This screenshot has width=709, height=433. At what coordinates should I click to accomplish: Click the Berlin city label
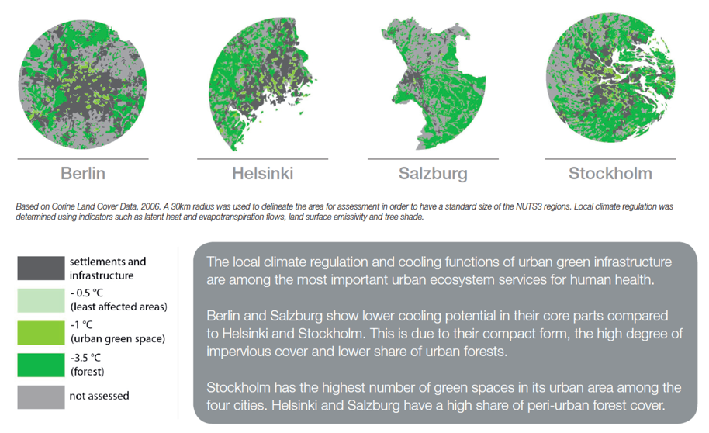pos(83,173)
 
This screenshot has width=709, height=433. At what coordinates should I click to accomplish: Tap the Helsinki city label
pos(263,173)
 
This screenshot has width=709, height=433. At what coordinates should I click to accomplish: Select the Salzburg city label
pos(433,174)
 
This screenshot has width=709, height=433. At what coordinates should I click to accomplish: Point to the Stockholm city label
pos(610,173)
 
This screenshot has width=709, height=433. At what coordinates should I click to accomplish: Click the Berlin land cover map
pos(83,85)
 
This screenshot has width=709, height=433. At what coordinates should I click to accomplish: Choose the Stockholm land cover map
pos(610,78)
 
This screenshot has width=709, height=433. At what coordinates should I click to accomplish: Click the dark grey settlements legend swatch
pos(41,268)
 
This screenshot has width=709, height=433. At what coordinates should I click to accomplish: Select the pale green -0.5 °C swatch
pos(41,300)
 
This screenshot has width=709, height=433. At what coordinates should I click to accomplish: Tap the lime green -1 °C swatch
pos(41,333)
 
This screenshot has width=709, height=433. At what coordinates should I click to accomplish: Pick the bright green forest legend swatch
pos(41,365)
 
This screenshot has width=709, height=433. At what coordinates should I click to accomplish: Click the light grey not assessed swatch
pos(41,397)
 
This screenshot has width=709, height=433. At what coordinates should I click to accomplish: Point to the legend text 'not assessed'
pos(99,396)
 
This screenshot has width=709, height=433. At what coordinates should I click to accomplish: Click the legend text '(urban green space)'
pos(118,339)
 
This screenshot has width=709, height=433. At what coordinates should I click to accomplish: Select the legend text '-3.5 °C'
pos(85,358)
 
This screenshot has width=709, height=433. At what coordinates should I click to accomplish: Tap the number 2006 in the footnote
pos(150,206)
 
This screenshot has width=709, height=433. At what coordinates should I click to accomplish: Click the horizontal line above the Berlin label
pos(83,159)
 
